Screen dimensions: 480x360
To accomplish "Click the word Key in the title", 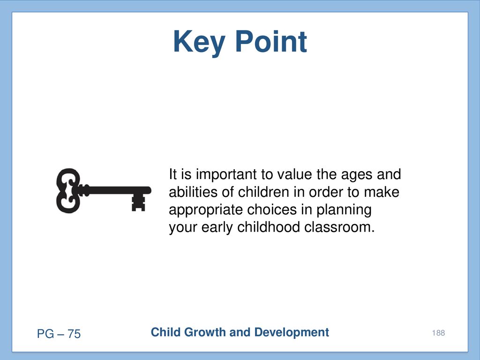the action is [199, 43].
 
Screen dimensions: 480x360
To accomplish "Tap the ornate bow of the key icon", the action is [68, 190].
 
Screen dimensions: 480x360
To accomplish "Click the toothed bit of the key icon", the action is [138, 202].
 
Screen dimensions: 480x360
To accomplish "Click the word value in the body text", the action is [295, 174].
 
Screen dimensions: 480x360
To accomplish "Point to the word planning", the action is [344, 210].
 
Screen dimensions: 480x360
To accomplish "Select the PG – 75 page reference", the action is [59, 334].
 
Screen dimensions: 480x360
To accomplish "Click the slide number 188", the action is [438, 333].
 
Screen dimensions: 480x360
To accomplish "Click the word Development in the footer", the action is [292, 332].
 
